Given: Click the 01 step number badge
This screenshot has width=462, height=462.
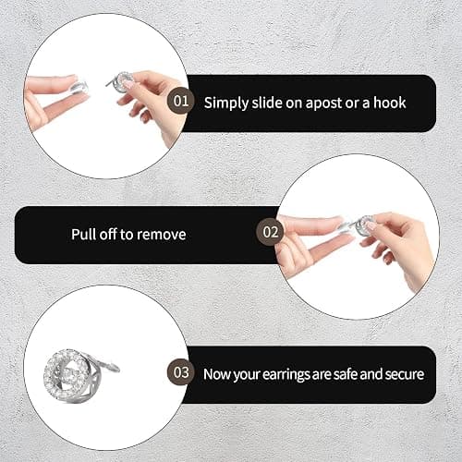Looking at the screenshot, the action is click(181, 101).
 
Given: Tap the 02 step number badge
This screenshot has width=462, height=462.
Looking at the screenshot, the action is click(270, 232).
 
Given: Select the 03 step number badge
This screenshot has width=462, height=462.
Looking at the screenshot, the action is click(181, 372).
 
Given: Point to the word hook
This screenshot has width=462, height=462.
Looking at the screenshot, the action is click(390, 103).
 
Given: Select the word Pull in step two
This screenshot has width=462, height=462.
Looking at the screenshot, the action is click(83, 234).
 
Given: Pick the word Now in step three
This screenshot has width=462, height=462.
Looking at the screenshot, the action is click(216, 374).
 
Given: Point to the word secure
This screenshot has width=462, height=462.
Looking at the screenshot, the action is click(405, 374).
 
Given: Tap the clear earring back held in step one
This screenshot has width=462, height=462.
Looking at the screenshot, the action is click(79, 88).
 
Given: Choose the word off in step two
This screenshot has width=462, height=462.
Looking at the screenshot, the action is click(107, 234).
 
